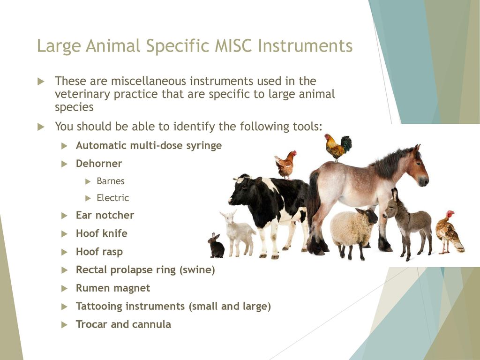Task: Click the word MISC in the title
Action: [x=233, y=46]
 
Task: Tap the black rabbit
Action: [x=216, y=246]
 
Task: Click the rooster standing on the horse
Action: [x=338, y=147]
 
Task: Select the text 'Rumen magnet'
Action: [x=113, y=288]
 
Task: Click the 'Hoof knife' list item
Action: [x=102, y=233]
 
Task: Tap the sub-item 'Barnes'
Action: [x=111, y=181]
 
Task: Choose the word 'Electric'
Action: [x=112, y=198]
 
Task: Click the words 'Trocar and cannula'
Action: [x=123, y=324]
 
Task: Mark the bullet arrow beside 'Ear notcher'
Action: [x=64, y=216]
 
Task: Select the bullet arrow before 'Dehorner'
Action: [x=64, y=164]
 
